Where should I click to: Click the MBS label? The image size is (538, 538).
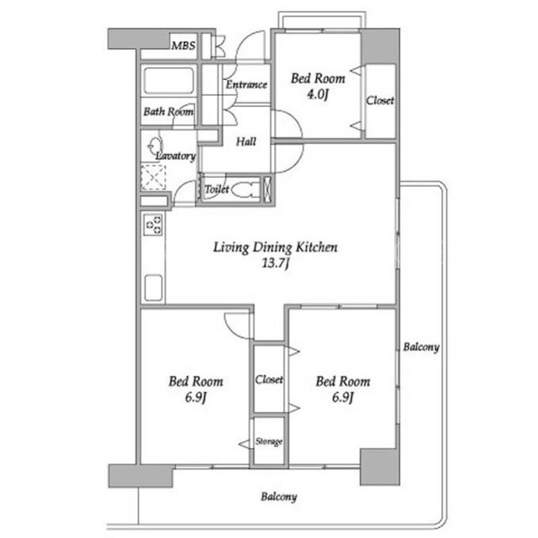pyautogui.click(x=183, y=45)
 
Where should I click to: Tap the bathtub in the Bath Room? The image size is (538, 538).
pyautogui.click(x=168, y=80)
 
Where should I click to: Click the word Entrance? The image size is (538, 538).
pyautogui.click(x=246, y=84)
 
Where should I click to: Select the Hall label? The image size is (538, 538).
pyautogui.click(x=246, y=141)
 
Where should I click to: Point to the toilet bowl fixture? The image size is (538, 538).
pyautogui.click(x=245, y=189)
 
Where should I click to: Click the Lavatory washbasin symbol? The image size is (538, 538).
pyautogui.click(x=155, y=145)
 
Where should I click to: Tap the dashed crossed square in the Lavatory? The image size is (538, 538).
pyautogui.click(x=153, y=178)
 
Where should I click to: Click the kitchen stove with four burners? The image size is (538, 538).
pyautogui.click(x=153, y=224)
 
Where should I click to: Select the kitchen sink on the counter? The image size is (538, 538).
pyautogui.click(x=153, y=288)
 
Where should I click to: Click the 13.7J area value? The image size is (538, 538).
pyautogui.click(x=276, y=264)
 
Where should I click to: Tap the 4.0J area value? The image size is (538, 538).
pyautogui.click(x=318, y=94)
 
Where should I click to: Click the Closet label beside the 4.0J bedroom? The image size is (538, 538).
pyautogui.click(x=380, y=101)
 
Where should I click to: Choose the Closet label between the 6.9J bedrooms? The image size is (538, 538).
pyautogui.click(x=269, y=380)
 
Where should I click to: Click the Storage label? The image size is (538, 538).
pyautogui.click(x=269, y=441)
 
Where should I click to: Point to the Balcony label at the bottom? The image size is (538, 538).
pyautogui.click(x=278, y=497)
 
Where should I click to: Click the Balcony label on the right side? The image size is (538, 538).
pyautogui.click(x=421, y=347)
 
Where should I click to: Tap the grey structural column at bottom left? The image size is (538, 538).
pyautogui.click(x=140, y=476)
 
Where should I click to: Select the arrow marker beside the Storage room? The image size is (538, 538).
pyautogui.click(x=245, y=444)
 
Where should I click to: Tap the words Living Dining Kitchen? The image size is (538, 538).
pyautogui.click(x=275, y=248)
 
